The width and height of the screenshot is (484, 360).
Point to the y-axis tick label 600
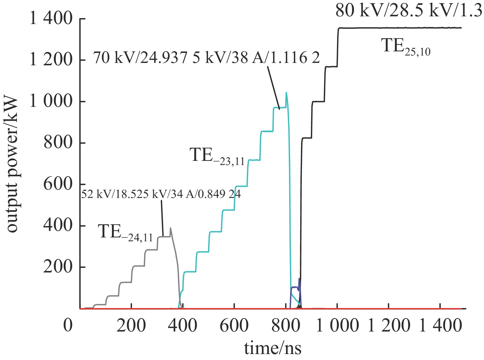(x=58, y=184)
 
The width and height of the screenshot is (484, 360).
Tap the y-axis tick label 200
(x=58, y=267)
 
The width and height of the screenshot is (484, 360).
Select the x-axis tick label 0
(x=68, y=325)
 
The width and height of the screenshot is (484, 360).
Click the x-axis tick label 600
(x=234, y=325)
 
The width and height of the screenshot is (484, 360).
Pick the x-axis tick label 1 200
(x=389, y=325)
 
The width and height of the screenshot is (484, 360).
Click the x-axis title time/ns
(x=273, y=348)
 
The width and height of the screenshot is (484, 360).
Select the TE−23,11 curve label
(x=217, y=156)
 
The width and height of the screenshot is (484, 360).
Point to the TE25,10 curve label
(x=406, y=47)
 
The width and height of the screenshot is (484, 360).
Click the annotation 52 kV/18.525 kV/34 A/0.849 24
(x=161, y=194)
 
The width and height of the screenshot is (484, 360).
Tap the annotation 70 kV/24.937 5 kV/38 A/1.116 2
(x=207, y=57)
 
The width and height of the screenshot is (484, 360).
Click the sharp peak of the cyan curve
(x=286, y=93)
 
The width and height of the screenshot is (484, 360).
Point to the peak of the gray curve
(x=170, y=228)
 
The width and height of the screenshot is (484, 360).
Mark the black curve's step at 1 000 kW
(x=318, y=102)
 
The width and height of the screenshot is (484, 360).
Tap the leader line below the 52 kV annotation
(x=162, y=218)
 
